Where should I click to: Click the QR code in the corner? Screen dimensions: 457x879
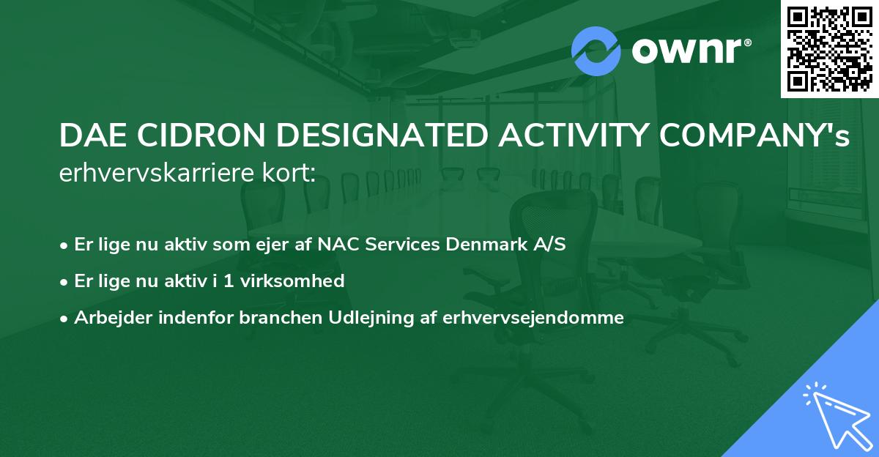pos(830,48)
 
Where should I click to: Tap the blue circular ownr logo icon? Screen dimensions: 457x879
pos(596,51)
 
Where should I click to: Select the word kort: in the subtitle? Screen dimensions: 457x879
pos(289,174)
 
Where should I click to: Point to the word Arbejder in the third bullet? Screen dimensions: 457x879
pos(105,318)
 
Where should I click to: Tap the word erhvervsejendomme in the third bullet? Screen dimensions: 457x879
pos(533,318)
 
